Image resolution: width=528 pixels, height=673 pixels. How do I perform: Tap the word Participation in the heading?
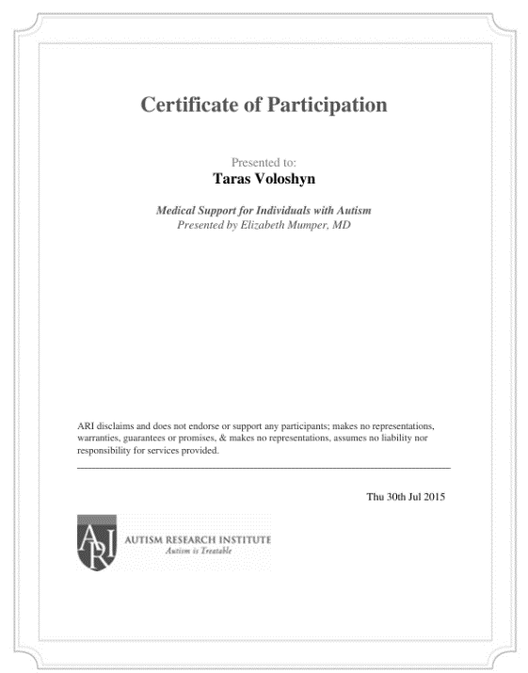click(x=328, y=104)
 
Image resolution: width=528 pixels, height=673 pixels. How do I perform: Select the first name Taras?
click(x=222, y=178)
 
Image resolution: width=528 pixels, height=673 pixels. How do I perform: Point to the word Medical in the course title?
click(x=175, y=211)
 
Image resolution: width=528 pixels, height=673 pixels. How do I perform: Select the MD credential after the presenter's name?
click(x=342, y=226)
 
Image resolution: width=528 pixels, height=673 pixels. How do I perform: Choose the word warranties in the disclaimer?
click(x=98, y=439)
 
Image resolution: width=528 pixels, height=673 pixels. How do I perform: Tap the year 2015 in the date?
click(x=435, y=497)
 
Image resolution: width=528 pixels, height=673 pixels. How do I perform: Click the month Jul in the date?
click(x=415, y=497)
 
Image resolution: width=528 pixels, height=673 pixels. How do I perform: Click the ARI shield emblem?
click(x=97, y=543)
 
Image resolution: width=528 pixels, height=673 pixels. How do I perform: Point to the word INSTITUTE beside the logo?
click(x=241, y=539)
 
